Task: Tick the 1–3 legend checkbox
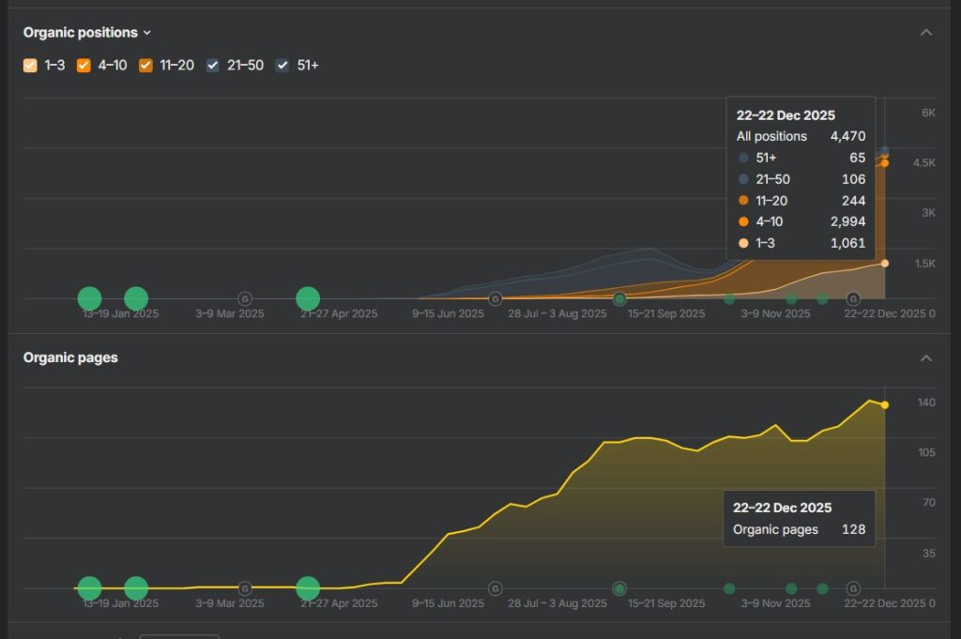[30, 66]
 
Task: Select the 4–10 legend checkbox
[84, 66]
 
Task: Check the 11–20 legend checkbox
[145, 66]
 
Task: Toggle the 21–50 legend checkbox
[212, 66]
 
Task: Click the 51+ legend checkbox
[282, 66]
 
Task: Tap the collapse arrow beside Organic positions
[926, 32]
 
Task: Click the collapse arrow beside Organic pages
[926, 358]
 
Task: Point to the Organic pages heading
[70, 358]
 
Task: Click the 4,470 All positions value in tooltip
[847, 136]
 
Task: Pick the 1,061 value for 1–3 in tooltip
[847, 243]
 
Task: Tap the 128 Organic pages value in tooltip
[853, 529]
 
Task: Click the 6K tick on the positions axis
[928, 113]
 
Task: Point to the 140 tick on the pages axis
[926, 403]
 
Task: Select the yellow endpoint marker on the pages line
[885, 404]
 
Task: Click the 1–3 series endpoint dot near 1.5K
[885, 264]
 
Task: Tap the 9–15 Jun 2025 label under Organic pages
[448, 603]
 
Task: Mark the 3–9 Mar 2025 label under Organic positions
[230, 313]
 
